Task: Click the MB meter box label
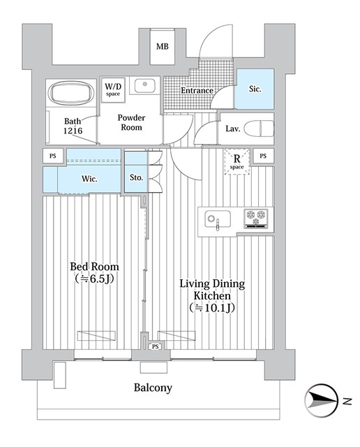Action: [163, 46]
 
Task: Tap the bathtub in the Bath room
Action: [71, 92]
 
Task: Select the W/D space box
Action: [113, 90]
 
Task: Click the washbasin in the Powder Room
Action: [144, 85]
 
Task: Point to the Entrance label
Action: [197, 90]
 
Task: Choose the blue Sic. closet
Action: [254, 89]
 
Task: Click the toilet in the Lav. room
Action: [259, 129]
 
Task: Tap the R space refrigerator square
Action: [237, 161]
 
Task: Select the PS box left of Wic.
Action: [53, 156]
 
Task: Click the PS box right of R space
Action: [263, 156]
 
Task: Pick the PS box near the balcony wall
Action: [155, 346]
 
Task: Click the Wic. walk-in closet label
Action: [89, 179]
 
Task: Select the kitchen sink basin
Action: [218, 219]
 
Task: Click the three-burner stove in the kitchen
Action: [256, 219]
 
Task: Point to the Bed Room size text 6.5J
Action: [95, 279]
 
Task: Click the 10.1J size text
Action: [212, 308]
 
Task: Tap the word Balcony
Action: [153, 388]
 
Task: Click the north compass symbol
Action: [321, 401]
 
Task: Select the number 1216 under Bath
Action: [73, 131]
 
